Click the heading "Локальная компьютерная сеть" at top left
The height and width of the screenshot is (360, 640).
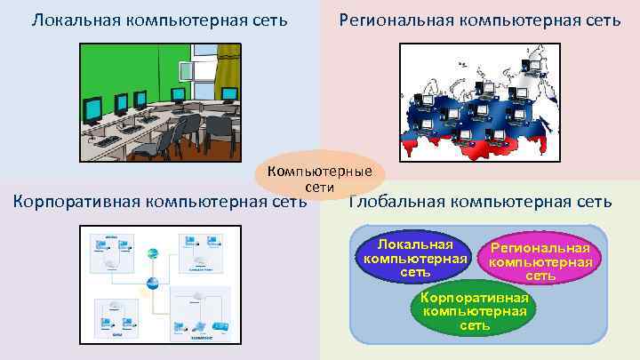click(160, 19)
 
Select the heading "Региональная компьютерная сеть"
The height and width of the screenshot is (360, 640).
click(480, 19)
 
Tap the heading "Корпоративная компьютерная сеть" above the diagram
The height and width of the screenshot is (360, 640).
click(160, 202)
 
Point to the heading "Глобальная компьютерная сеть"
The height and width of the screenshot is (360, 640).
click(480, 202)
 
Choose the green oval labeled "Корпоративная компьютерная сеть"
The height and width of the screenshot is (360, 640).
click(475, 310)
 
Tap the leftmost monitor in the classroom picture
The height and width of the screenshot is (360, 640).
click(92, 110)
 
